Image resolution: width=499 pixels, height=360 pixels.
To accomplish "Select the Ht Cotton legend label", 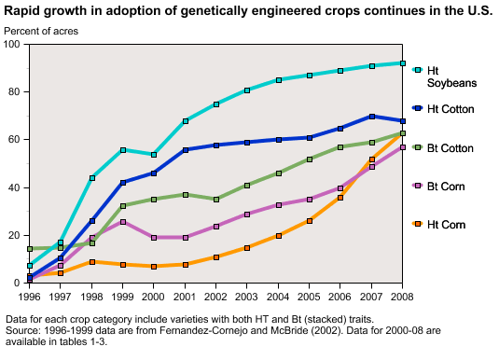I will click(x=450, y=109).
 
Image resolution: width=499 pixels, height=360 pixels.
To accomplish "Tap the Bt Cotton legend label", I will click(x=450, y=148).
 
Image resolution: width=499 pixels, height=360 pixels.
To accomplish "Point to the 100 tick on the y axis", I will click(x=12, y=45).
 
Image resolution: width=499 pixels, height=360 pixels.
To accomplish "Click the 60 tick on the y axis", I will click(x=15, y=140).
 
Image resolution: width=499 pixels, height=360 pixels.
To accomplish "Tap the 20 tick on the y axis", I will click(x=15, y=235).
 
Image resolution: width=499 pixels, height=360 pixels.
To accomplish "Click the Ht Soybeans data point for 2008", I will click(x=402, y=63).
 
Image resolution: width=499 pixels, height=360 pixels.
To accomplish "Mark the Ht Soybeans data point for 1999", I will click(x=123, y=150).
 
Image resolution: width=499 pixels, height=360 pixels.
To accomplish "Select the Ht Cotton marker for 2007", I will click(x=371, y=117).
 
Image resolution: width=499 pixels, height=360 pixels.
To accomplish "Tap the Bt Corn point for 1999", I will click(x=123, y=222).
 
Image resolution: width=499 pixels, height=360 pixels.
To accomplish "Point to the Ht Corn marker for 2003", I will click(x=247, y=248).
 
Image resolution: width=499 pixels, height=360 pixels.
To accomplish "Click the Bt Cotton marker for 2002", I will click(x=216, y=200).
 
